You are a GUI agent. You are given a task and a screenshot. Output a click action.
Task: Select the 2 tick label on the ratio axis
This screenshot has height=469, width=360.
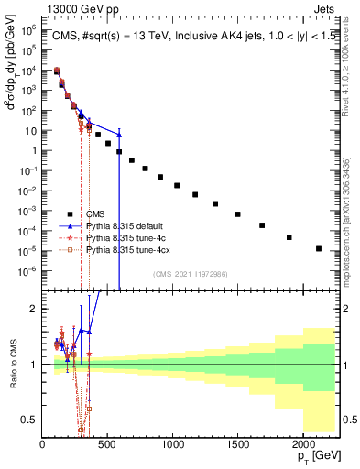(35, 309)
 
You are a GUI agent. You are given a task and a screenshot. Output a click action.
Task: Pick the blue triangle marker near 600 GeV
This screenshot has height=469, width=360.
(119, 135)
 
